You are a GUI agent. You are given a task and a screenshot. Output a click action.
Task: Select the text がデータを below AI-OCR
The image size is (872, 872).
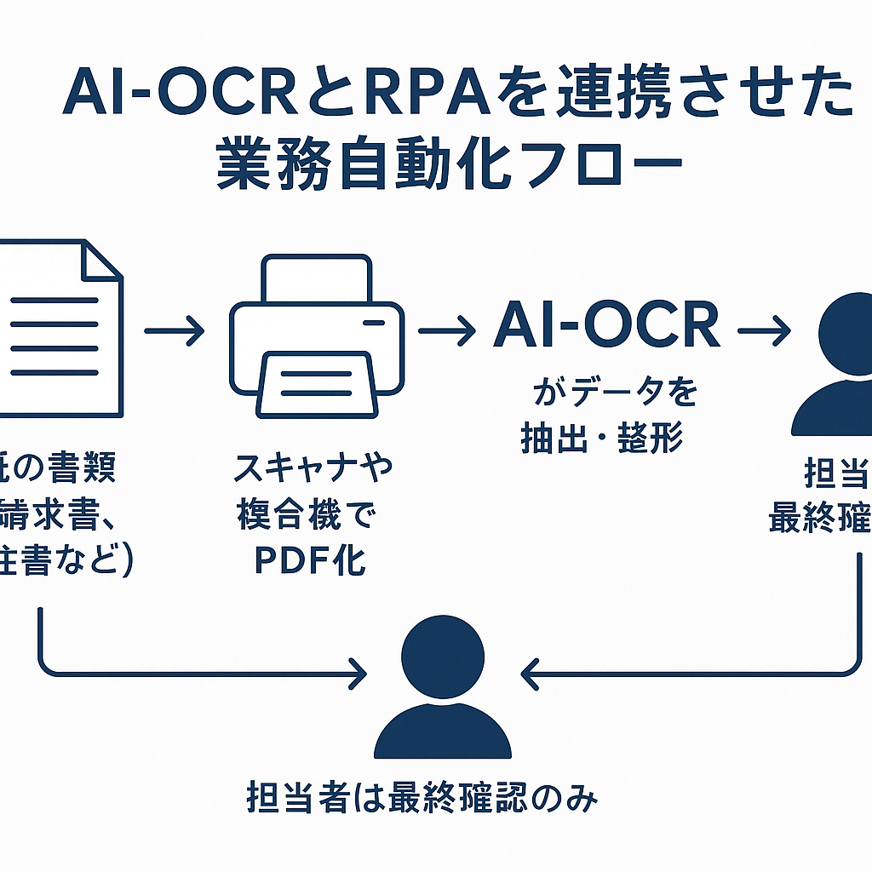point(614,393)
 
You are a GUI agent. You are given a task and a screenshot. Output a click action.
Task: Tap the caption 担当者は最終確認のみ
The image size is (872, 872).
point(422,798)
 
